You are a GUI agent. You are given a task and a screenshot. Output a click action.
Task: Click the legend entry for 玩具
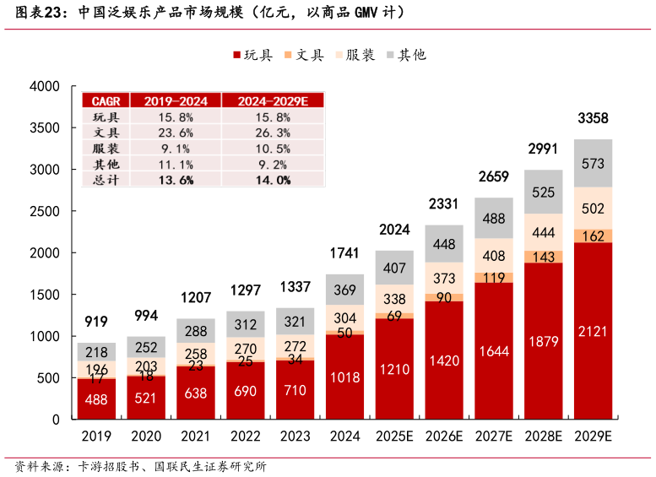tap(252, 55)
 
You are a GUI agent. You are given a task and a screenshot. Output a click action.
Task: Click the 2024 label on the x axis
tap(344, 436)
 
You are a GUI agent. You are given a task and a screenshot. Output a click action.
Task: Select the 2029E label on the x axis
tap(593, 436)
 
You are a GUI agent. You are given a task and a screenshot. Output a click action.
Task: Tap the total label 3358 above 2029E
tap(593, 118)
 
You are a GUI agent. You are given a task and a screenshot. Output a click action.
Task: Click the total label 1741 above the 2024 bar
tap(344, 253)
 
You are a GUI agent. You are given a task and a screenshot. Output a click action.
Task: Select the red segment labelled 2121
tap(593, 331)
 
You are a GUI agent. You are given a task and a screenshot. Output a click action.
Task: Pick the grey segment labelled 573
tap(593, 163)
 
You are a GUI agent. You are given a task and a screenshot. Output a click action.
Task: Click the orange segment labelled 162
tap(593, 236)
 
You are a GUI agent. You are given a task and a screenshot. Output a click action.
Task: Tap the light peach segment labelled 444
tap(543, 232)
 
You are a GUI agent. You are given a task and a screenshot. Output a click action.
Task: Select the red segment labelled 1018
tap(344, 377)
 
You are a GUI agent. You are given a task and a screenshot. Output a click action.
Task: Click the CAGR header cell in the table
tap(106, 100)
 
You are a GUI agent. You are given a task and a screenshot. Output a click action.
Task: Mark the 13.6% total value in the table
tap(176, 179)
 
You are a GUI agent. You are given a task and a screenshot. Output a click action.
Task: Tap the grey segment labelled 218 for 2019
tap(96, 352)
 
